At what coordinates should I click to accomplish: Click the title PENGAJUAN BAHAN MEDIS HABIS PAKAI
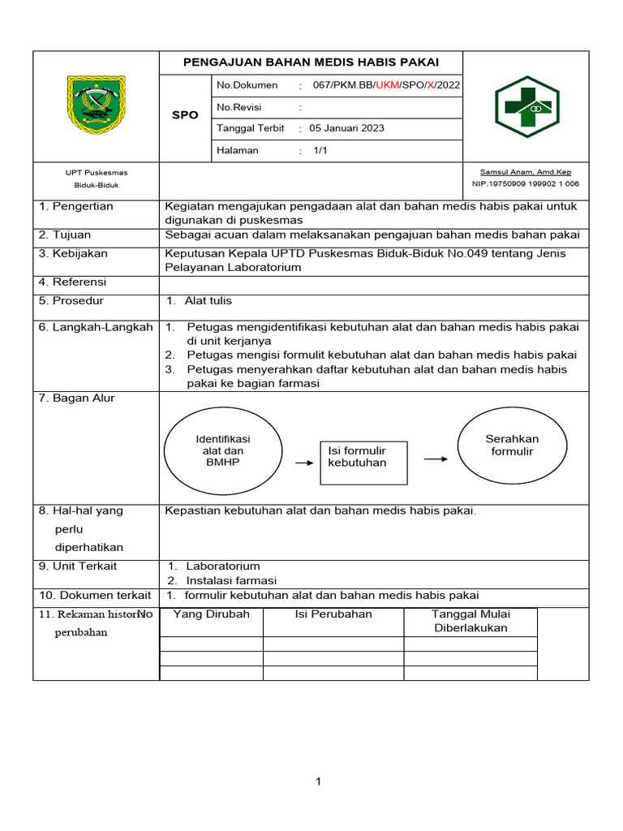[311, 62]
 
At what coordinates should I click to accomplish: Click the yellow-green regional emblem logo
[97, 105]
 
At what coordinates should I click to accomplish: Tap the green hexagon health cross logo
[526, 106]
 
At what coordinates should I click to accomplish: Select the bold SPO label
[185, 115]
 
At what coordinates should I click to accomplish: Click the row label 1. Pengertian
[77, 206]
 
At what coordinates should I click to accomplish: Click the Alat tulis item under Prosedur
[208, 300]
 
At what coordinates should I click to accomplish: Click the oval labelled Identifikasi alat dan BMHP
[224, 451]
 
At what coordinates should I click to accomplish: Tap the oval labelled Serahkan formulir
[512, 445]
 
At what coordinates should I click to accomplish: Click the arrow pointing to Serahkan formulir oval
[436, 459]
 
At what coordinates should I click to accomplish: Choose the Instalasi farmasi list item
[231, 580]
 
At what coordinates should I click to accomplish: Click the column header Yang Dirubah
[212, 614]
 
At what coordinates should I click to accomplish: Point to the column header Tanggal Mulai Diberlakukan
[470, 621]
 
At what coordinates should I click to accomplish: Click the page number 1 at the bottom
[319, 781]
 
